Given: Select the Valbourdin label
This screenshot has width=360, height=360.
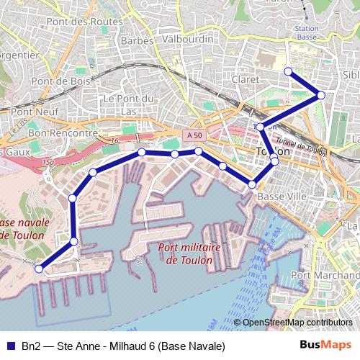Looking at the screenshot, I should click(x=186, y=40).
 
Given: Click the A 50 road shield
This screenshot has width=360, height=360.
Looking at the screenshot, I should click(x=191, y=135).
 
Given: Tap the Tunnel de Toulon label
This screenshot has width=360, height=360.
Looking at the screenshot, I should click(x=301, y=145).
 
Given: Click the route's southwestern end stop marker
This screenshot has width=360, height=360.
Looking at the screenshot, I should click(x=39, y=269).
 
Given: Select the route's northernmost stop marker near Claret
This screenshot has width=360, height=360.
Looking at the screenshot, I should click(x=288, y=71).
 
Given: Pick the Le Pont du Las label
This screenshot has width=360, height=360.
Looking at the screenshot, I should click(x=130, y=105).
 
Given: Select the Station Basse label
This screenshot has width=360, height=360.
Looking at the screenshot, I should click(x=307, y=32).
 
